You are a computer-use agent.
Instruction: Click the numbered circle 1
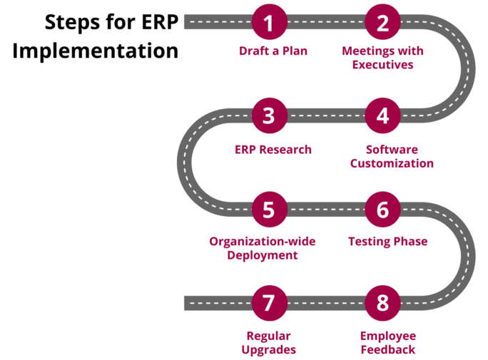pyautogui.click(x=269, y=22)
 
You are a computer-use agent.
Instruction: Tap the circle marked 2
pyautogui.click(x=382, y=22)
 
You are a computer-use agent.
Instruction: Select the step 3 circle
pyautogui.click(x=269, y=115)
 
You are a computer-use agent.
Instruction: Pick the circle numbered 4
pyautogui.click(x=382, y=115)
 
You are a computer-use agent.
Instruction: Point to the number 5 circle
pyautogui.click(x=269, y=209)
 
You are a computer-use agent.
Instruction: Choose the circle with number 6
pyautogui.click(x=382, y=209)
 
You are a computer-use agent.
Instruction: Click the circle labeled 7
pyautogui.click(x=269, y=303)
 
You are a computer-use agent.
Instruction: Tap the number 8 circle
pyautogui.click(x=382, y=303)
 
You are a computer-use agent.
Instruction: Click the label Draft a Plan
pyautogui.click(x=273, y=51)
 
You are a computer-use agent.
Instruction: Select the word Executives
pyautogui.click(x=383, y=65)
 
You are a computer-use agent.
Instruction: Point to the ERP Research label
pyautogui.click(x=273, y=150)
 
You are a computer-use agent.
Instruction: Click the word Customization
pyautogui.click(x=392, y=163)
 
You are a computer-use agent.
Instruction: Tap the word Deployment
pyautogui.click(x=263, y=255)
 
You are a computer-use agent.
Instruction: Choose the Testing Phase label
pyautogui.click(x=388, y=242)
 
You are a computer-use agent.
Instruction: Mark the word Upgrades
pyautogui.click(x=268, y=350)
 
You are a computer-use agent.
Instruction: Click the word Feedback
pyautogui.click(x=388, y=350)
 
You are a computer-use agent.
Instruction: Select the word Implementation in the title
pyautogui.click(x=95, y=51)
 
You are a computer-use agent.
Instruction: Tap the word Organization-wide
pyautogui.click(x=263, y=242)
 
